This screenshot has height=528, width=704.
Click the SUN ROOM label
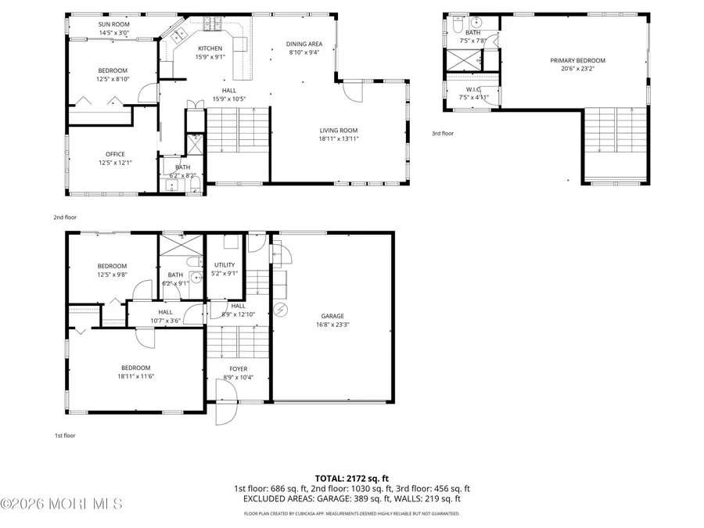114,24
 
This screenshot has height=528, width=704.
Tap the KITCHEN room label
210,48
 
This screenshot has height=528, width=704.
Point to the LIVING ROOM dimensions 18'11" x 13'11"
338,138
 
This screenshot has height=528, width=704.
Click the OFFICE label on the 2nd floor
115,154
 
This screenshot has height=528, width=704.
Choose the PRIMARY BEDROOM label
577,60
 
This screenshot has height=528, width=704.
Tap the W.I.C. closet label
473,89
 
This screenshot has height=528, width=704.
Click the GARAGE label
332,316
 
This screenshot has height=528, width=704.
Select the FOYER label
238,368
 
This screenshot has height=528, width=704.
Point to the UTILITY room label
224,265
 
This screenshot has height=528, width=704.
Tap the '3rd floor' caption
443,133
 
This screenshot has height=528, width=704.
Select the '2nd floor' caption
66,217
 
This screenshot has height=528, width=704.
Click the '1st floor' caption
65,436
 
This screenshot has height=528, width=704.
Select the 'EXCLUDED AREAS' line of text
351,498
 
